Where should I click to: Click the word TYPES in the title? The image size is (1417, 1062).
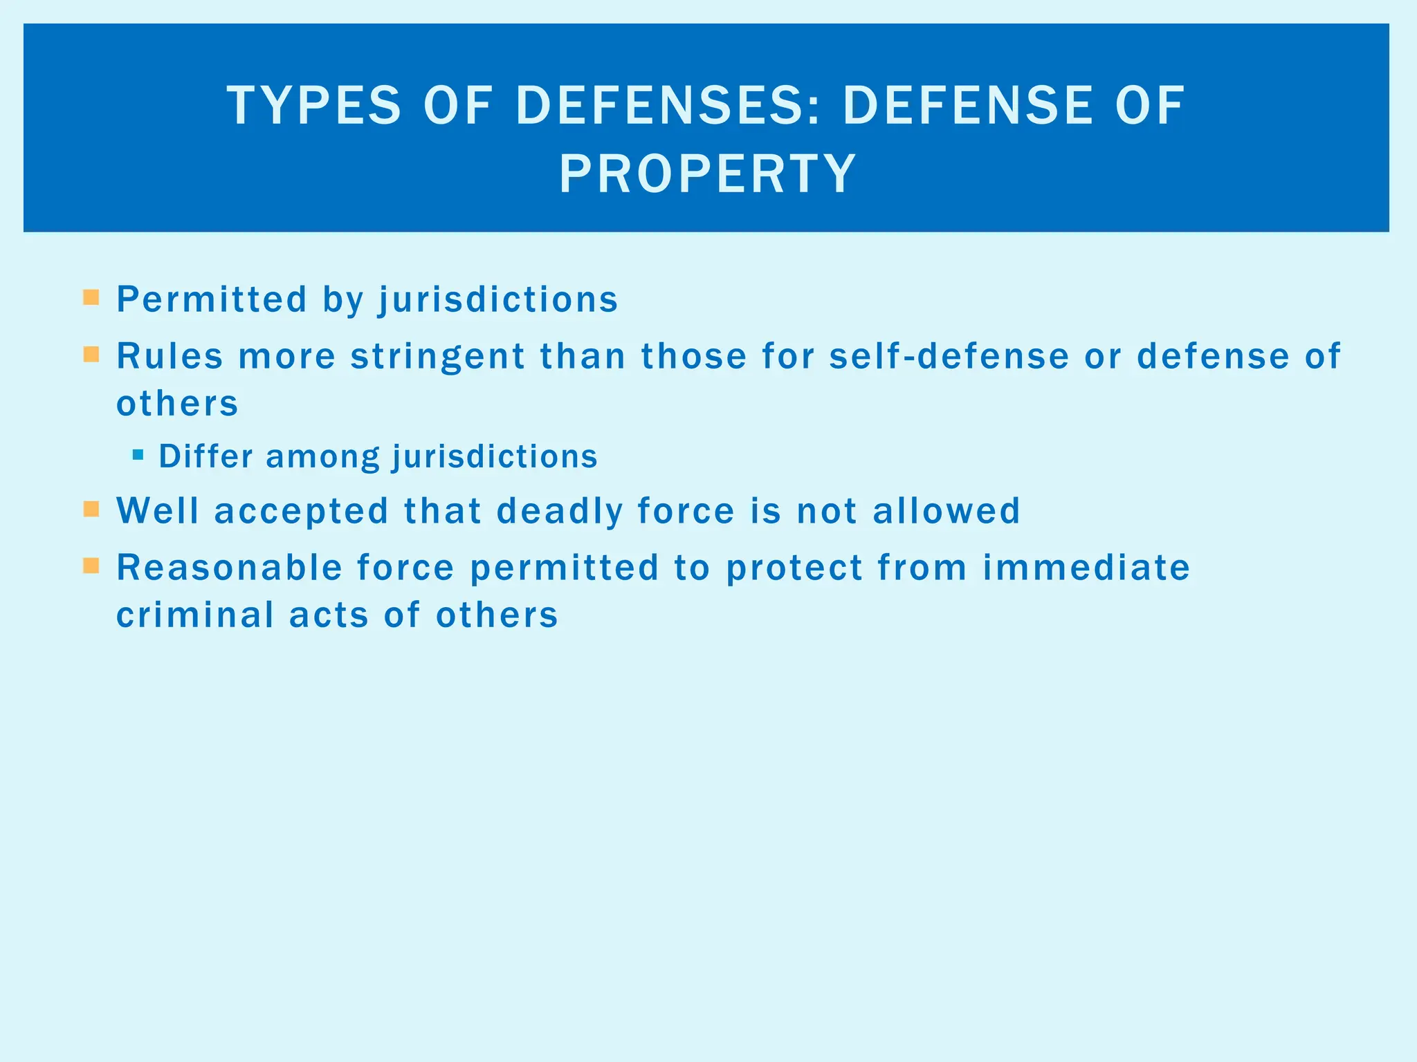coord(313,106)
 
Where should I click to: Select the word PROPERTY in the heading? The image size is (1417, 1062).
coord(707,174)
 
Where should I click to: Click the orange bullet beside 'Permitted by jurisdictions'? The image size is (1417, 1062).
coord(91,298)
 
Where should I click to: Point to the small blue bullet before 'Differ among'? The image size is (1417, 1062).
coord(138,455)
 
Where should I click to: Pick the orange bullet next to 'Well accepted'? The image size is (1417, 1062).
coord(91,510)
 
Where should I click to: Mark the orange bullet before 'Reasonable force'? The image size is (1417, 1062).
coord(91,566)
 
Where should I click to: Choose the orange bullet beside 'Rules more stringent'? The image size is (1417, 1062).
coord(91,355)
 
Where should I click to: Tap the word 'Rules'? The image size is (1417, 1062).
coord(170,356)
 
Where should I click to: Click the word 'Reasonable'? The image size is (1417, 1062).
coord(229,568)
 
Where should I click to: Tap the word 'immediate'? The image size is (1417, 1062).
coord(1086,568)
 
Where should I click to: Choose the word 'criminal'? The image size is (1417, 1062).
coord(194,615)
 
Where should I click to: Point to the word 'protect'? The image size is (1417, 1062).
coord(794,568)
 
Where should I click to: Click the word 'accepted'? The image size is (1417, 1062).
coord(301,512)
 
